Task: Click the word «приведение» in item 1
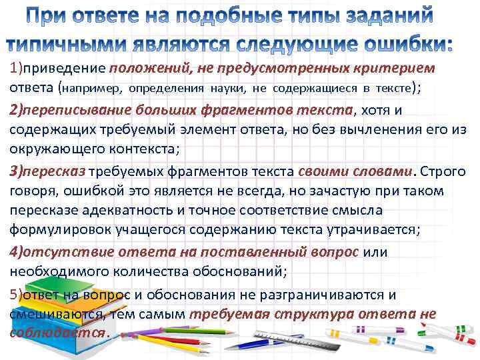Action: coord(64,68)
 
